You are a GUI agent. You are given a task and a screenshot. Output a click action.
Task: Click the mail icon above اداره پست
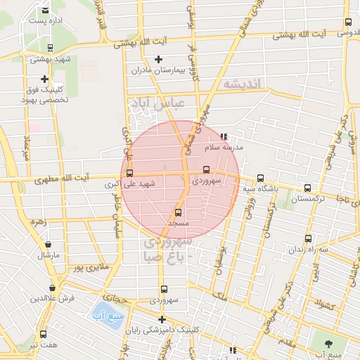click(46, 10)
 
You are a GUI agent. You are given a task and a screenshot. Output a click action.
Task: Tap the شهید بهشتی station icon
click(50, 48)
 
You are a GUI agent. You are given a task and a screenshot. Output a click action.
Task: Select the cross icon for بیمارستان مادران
click(158, 59)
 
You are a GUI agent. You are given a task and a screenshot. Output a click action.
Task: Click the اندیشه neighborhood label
click(242, 84)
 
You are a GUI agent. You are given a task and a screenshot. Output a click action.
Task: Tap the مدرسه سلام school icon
click(224, 137)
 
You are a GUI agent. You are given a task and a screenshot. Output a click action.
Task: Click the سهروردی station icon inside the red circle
click(205, 169)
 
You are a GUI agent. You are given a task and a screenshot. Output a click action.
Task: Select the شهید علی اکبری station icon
click(129, 173)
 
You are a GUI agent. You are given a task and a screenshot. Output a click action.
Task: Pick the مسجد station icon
click(177, 212)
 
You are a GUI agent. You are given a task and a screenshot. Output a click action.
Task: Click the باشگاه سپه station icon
click(261, 178)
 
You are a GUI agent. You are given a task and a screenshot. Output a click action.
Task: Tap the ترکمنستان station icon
click(307, 188)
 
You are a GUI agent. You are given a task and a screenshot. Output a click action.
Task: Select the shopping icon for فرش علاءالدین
click(53, 288)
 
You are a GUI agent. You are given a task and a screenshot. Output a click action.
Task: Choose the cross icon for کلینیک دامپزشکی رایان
click(161, 320)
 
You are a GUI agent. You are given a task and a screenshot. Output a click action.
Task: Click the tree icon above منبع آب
click(329, 343)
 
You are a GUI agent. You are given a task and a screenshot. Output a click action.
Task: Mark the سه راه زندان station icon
click(307, 237)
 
